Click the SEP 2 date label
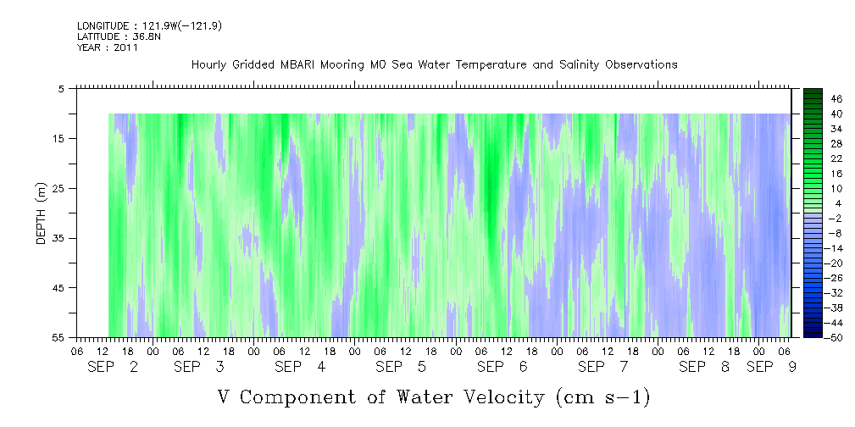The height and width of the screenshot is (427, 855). (x=113, y=368)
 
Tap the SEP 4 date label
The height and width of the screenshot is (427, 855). (x=300, y=368)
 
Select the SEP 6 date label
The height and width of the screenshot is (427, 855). (x=502, y=368)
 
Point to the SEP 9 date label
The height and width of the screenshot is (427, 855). (x=771, y=368)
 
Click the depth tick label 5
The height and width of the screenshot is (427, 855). (x=60, y=88)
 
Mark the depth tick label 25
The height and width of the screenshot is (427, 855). (x=56, y=188)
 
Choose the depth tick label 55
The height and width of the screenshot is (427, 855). (x=56, y=337)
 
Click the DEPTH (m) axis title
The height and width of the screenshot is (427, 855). (x=42, y=213)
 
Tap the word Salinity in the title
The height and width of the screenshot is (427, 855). (x=580, y=64)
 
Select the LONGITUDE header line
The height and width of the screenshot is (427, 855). (x=149, y=25)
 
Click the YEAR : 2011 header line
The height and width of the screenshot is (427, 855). (x=108, y=47)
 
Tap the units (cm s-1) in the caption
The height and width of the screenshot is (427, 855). (x=602, y=397)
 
